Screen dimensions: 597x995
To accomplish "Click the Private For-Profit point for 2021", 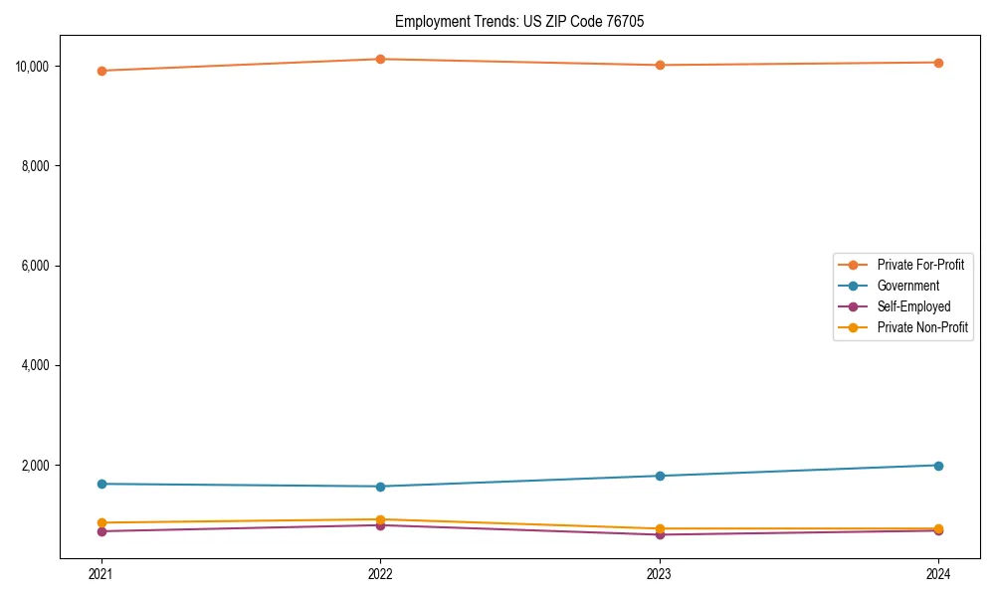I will (100, 71).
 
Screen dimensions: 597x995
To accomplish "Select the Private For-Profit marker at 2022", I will (380, 59).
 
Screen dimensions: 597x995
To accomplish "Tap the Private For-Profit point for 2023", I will (660, 65).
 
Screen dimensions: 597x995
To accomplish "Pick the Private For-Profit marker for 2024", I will (938, 63).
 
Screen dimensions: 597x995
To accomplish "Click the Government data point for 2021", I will (100, 484).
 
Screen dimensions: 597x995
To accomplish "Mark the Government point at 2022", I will (380, 487).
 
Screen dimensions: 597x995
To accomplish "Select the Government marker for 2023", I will (660, 476).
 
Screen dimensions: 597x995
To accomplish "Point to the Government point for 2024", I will (938, 466).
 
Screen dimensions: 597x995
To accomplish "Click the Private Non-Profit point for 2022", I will (380, 519).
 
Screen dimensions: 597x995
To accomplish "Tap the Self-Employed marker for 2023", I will (660, 534).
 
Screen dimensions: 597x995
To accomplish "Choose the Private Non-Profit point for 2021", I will (100, 522).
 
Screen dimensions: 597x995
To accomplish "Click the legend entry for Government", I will (907, 286).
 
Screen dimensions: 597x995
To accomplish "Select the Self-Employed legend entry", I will (913, 306).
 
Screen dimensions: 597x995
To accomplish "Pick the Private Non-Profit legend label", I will (922, 327).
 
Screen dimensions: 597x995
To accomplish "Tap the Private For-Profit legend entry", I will (920, 265).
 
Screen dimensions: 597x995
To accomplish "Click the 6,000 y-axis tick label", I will (37, 266).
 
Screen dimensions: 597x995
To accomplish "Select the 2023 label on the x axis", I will (660, 573).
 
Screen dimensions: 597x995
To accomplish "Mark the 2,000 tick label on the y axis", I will (37, 466).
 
